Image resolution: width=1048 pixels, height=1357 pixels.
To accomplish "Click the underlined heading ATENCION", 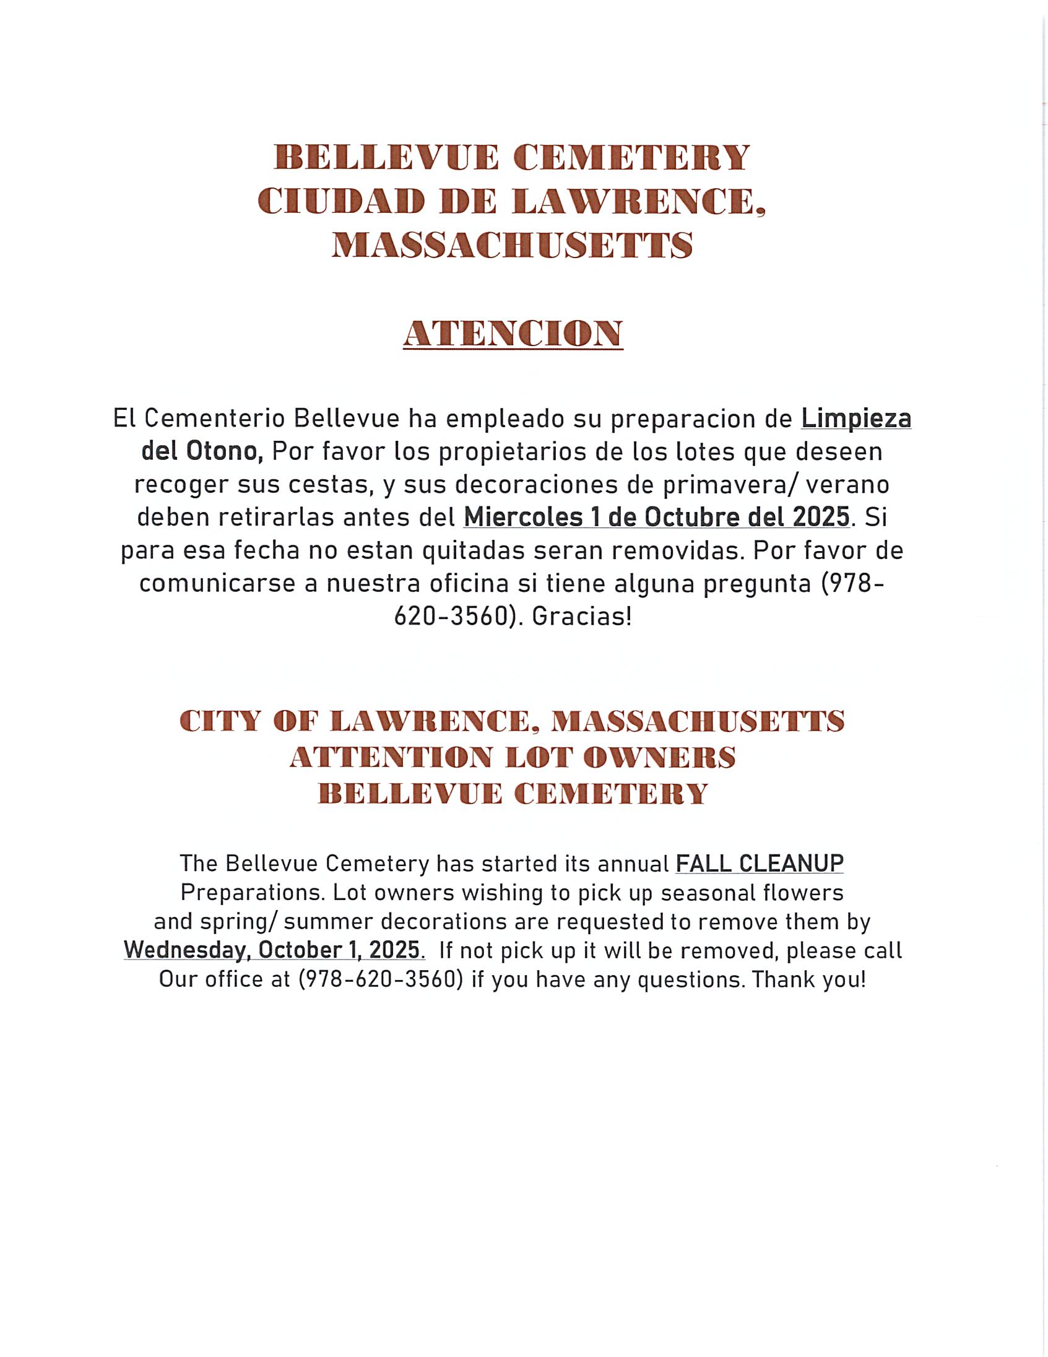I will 513,334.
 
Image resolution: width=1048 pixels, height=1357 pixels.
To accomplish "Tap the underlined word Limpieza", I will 856,418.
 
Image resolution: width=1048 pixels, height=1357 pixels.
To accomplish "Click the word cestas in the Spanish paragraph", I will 331,485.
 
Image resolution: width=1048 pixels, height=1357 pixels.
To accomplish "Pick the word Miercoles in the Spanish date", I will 524,517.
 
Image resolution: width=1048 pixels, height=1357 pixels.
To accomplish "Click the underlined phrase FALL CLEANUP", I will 759,863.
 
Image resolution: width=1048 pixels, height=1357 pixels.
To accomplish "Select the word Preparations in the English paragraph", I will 253,893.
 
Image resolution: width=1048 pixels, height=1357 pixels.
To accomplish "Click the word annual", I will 633,863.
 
